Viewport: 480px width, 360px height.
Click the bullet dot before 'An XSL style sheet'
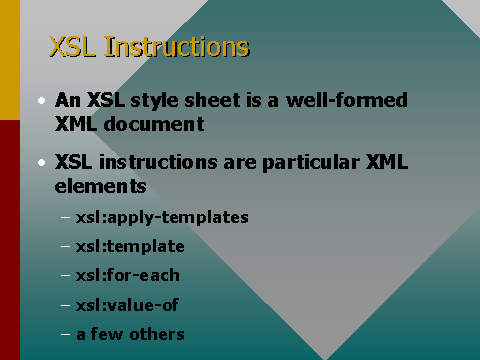[41, 101]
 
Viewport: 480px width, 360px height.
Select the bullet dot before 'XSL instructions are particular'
[41, 162]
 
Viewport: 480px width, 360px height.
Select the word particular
[287, 162]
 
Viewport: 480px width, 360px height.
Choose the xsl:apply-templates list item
[162, 217]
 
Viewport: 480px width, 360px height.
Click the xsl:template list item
[130, 246]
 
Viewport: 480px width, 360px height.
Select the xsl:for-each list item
[128, 275]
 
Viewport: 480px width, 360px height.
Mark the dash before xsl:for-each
[66, 275]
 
